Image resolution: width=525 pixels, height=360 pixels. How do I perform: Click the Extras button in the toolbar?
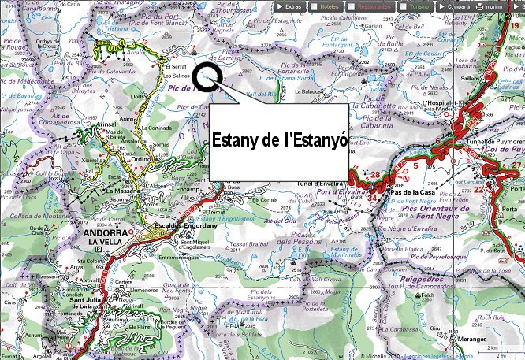point(289,6)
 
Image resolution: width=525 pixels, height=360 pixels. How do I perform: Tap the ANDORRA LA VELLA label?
point(108,237)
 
